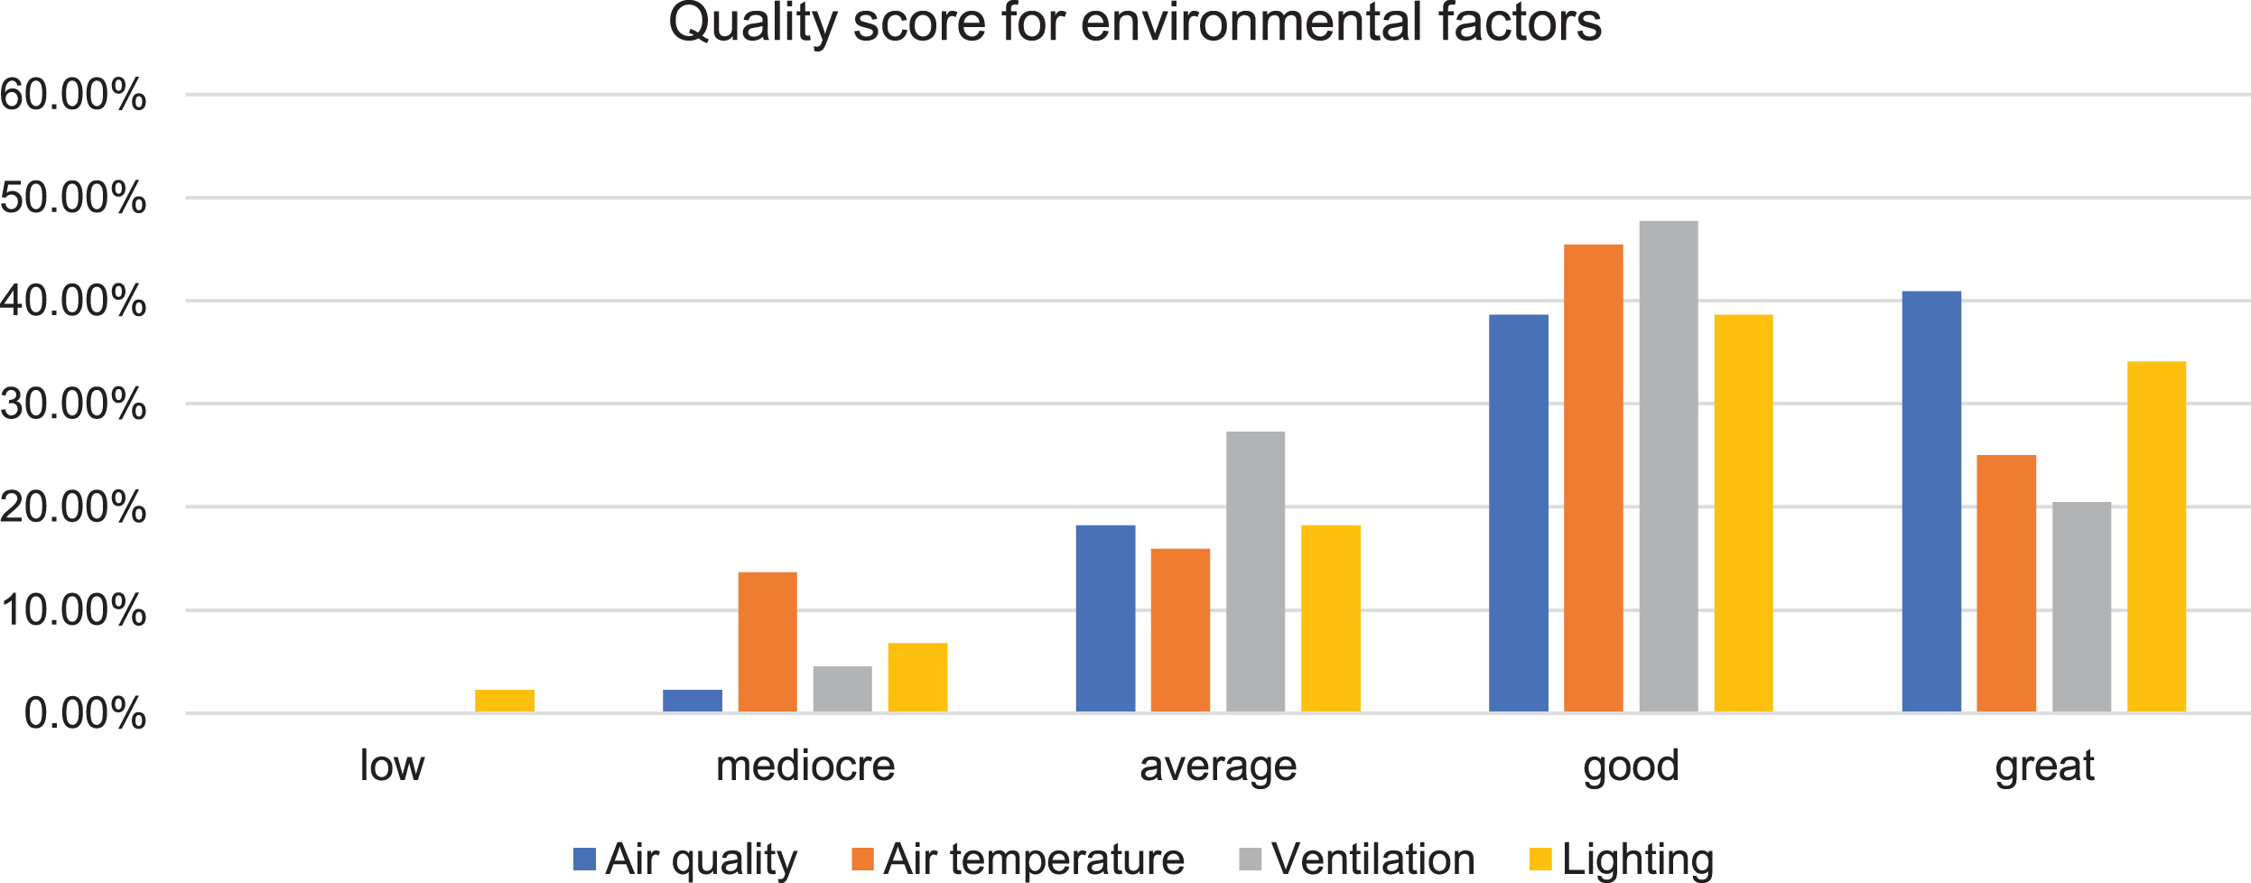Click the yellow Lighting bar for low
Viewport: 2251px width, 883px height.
(505, 701)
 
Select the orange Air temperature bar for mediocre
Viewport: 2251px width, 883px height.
(767, 642)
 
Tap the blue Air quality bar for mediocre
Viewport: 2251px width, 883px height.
(693, 701)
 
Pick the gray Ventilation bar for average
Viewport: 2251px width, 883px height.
(1255, 572)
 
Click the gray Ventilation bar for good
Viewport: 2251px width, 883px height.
(1669, 467)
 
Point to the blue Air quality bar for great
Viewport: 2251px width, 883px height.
(1931, 502)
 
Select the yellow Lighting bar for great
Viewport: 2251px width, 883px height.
(2156, 537)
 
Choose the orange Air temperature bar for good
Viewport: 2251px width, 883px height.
(1594, 479)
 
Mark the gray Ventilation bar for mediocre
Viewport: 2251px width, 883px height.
(842, 689)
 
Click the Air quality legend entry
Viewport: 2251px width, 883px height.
(685, 859)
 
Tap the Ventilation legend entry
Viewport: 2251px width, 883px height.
(1357, 859)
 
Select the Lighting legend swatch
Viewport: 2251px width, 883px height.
(1540, 860)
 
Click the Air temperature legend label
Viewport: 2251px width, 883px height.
(1034, 859)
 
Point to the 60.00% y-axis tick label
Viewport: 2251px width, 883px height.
(73, 95)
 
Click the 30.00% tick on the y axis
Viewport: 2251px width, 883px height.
(73, 404)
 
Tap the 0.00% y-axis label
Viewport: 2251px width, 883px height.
(85, 714)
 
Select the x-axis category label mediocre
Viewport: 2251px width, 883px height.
(805, 766)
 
